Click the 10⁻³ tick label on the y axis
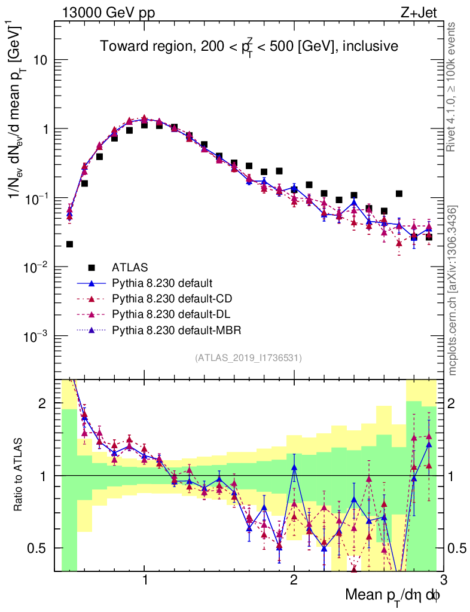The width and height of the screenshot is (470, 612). pos(35,336)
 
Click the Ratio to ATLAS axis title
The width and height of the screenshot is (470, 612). pos(19,476)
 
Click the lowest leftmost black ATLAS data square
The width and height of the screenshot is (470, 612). pos(69,244)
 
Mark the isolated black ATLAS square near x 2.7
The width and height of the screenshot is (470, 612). pos(399,194)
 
